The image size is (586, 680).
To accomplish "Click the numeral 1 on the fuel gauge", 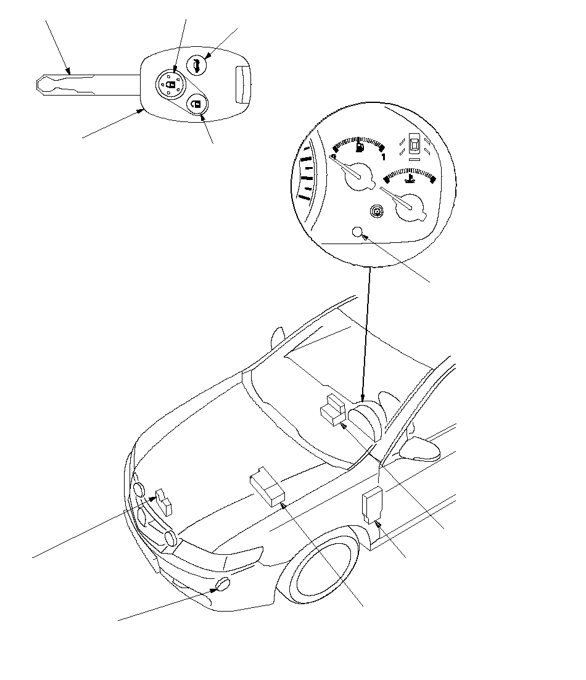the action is coord(384,157).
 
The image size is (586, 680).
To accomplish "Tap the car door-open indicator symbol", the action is coord(415,145).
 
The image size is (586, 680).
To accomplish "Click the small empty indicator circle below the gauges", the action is coord(357,232).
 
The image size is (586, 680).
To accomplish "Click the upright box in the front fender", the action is coord(373,504).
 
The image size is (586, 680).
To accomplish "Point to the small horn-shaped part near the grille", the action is coord(164,500).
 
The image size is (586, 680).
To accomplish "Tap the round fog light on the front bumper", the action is coord(223,585).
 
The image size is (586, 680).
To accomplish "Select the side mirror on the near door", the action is coord(421,449).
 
